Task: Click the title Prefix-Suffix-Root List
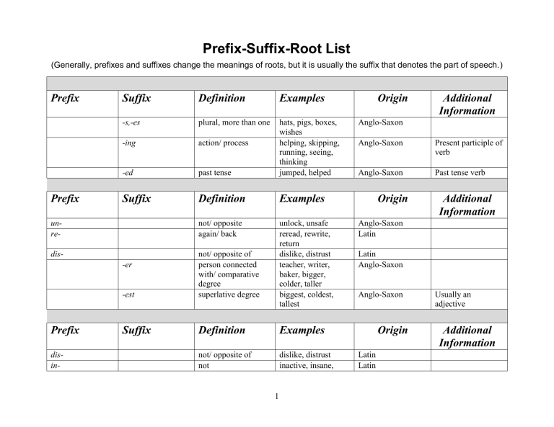click(x=276, y=49)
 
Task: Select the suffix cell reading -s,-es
click(x=131, y=123)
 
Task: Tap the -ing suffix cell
click(x=128, y=142)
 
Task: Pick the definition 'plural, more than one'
click(x=234, y=123)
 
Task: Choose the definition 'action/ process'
click(x=225, y=142)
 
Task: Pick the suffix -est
click(x=127, y=294)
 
